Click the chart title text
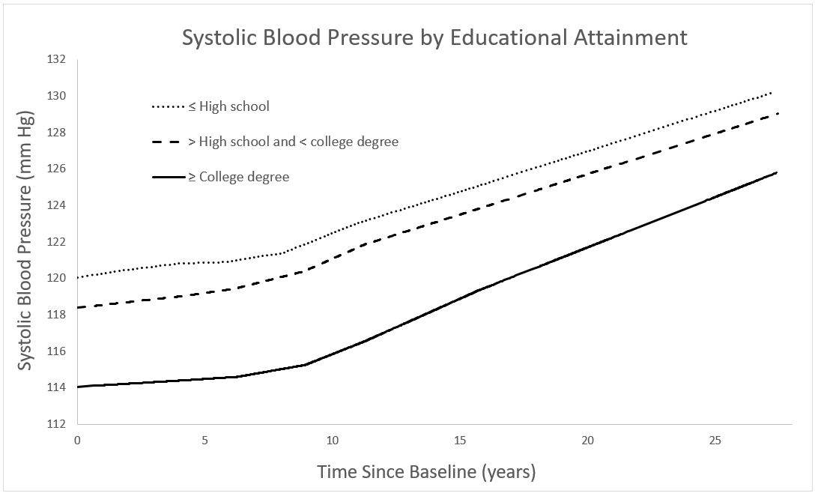pos(434,37)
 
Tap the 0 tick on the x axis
pos(77,439)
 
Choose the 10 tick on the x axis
pos(333,439)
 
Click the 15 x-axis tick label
pos(460,439)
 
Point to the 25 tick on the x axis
pos(715,439)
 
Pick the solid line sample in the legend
pos(168,178)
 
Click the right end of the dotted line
pos(771,92)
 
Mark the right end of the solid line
pos(777,172)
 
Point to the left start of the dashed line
pos(78,307)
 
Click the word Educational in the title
pos(509,37)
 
